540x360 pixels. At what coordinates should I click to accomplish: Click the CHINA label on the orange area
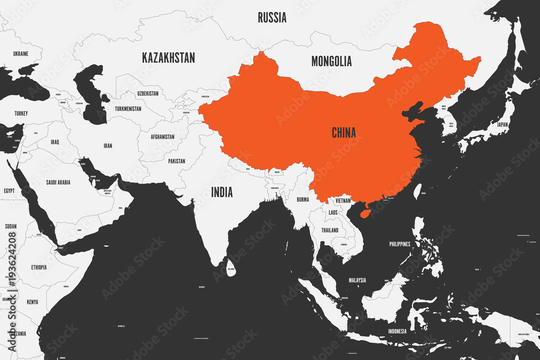[x=343, y=133]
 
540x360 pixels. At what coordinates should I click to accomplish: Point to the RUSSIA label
[x=272, y=18]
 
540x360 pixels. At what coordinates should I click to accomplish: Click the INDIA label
[x=222, y=192]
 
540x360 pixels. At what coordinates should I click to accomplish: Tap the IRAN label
[x=108, y=146]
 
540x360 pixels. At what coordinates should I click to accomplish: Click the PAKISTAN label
[x=176, y=161]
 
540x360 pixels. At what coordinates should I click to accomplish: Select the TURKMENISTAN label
[x=128, y=108]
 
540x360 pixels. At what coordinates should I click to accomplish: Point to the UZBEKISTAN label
[x=148, y=93]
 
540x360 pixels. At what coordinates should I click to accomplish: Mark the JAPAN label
[x=502, y=124]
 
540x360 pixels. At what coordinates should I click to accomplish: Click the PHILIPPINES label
[x=400, y=244]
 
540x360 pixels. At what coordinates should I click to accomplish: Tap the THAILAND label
[x=330, y=230]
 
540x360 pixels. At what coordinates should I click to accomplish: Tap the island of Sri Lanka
[x=231, y=268]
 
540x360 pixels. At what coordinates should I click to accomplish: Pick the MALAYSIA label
[x=357, y=280]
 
